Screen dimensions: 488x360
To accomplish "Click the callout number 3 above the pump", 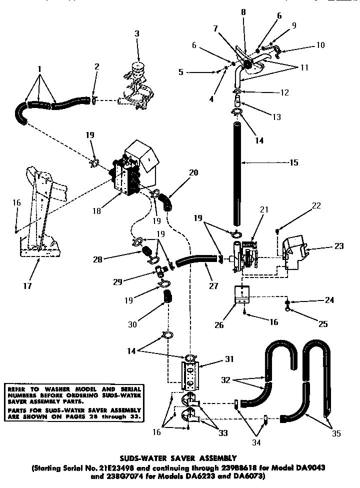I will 136,33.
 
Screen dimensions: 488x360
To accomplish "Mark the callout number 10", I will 320,45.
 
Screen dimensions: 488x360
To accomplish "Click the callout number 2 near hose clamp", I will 96,66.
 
